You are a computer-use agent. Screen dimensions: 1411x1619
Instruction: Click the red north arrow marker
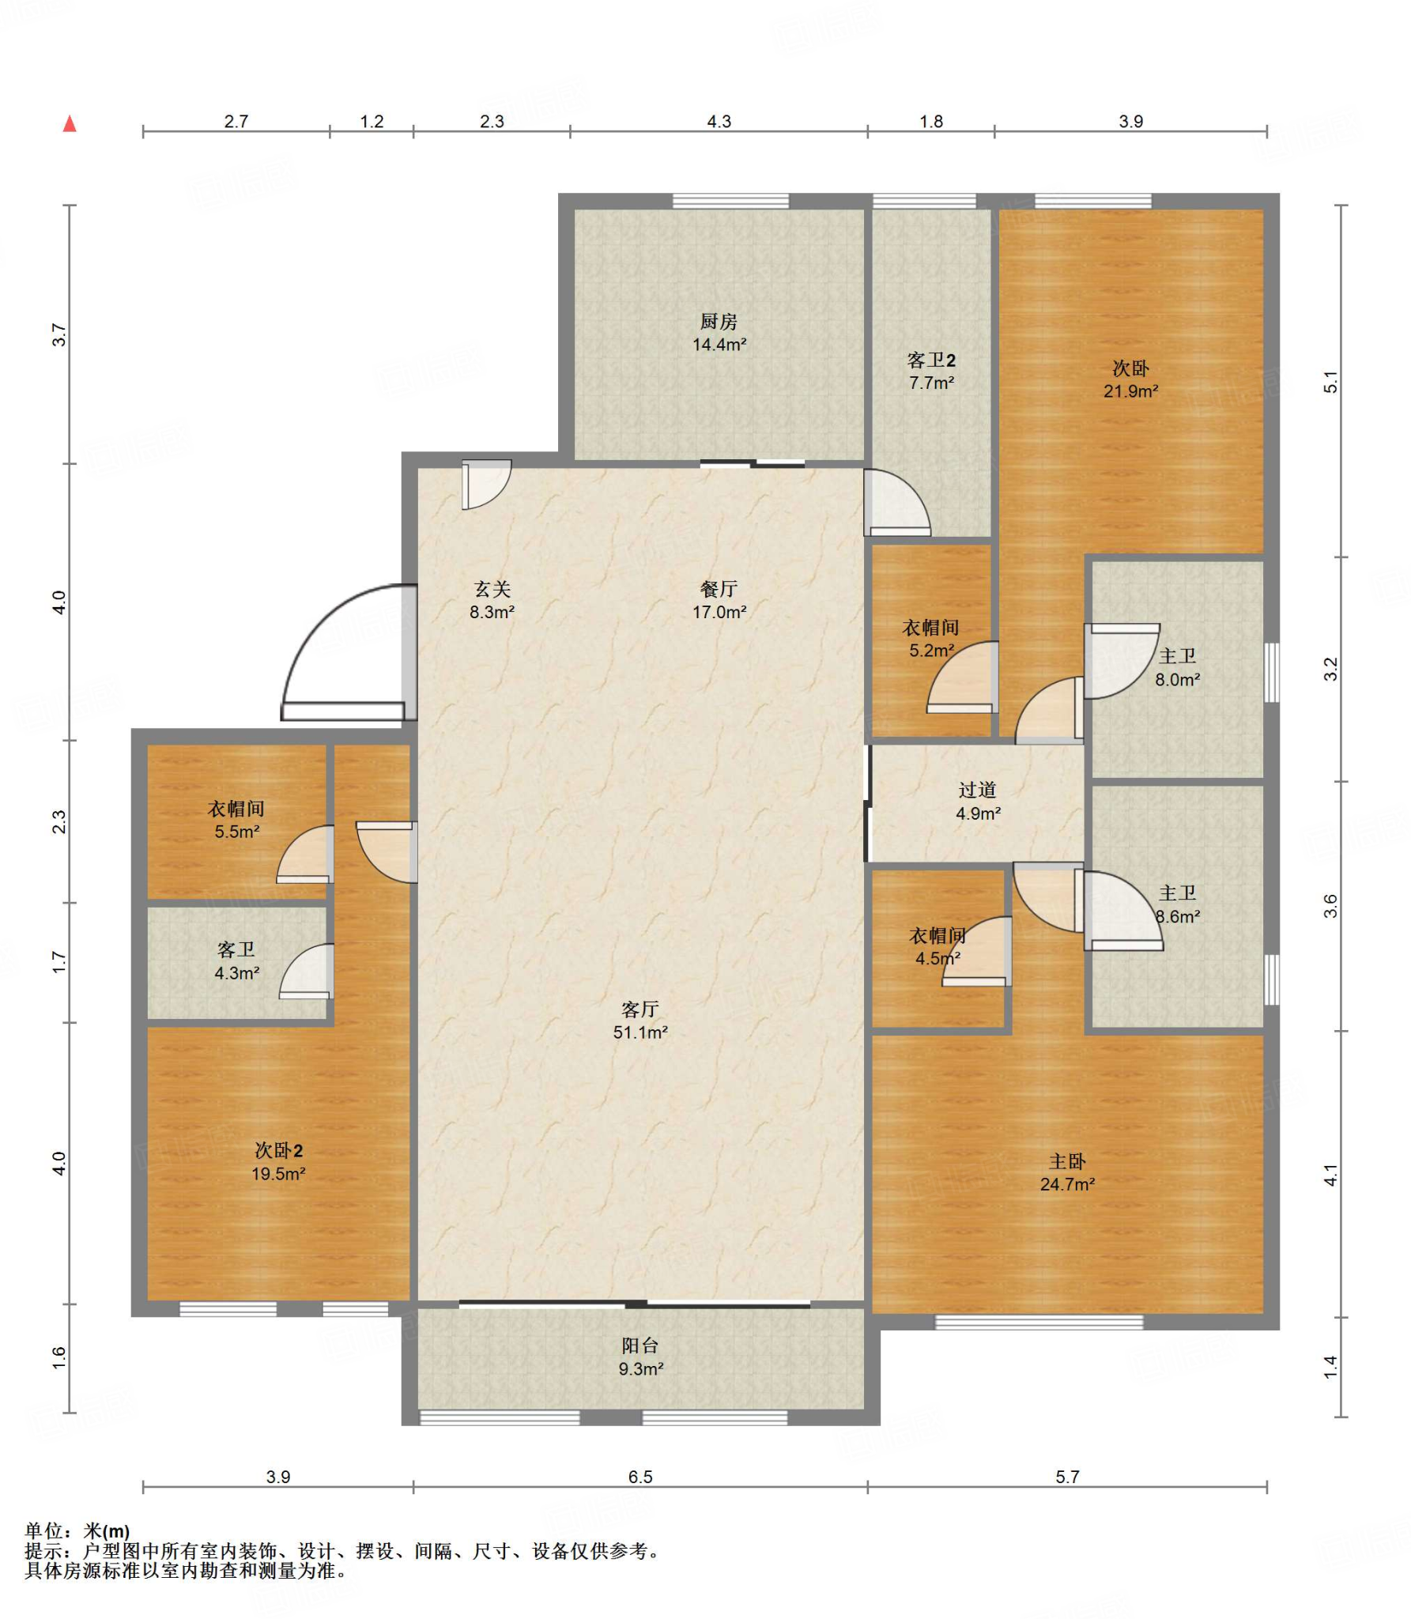[70, 123]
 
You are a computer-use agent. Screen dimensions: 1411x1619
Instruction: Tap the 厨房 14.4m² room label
[719, 333]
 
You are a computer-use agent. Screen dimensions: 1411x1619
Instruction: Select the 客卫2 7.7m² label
[931, 372]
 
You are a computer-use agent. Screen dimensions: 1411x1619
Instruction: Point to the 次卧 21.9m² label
[1131, 379]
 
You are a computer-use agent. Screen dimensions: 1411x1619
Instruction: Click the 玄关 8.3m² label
[492, 600]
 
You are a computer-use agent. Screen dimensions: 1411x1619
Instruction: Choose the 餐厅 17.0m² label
[719, 600]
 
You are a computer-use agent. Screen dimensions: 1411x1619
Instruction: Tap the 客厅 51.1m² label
[640, 1021]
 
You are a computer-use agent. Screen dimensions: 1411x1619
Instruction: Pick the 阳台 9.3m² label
[640, 1357]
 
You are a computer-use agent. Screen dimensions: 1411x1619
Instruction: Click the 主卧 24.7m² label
[1068, 1172]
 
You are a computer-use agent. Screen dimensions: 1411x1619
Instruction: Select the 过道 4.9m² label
[978, 802]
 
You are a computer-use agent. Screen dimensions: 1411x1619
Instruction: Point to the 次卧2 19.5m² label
[278, 1162]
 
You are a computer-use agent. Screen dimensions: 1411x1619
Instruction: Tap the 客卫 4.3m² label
[236, 961]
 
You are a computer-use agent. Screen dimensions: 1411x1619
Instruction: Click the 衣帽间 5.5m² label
[236, 820]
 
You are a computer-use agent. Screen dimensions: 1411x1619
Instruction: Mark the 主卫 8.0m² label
[1178, 667]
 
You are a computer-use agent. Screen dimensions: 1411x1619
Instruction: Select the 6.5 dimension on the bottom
[640, 1477]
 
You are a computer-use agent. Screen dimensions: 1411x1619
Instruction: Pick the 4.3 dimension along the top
[719, 122]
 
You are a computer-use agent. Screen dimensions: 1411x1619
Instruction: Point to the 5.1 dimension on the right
[1331, 381]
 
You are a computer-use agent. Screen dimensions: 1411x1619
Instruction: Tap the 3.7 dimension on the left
[58, 334]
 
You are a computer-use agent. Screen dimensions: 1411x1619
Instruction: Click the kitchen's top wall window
[730, 201]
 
